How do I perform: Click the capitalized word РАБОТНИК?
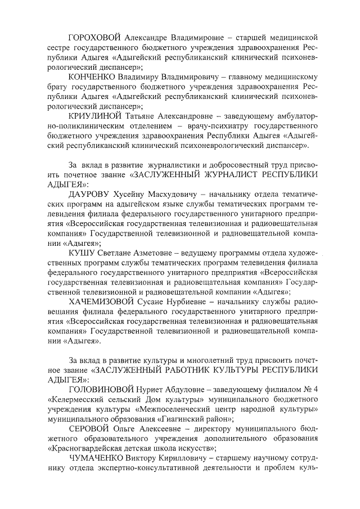click(x=202, y=370)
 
